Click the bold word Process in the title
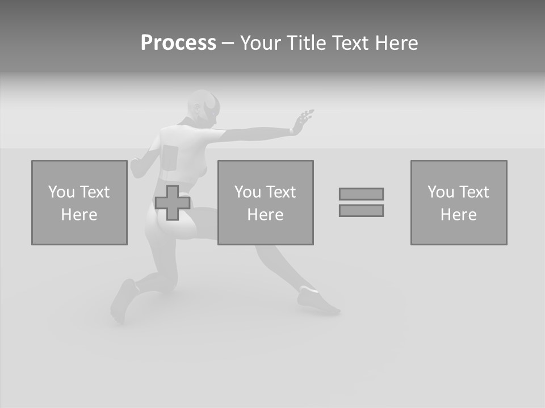(x=178, y=43)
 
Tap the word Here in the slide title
(x=397, y=43)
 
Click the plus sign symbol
(x=173, y=203)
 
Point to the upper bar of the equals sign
(x=361, y=194)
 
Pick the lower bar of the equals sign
(x=361, y=210)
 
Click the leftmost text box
(x=79, y=202)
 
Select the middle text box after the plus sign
(x=265, y=202)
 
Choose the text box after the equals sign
(x=459, y=202)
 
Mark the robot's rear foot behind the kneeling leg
(x=122, y=300)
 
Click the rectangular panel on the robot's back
(x=170, y=156)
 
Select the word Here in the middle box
(x=265, y=215)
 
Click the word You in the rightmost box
(x=440, y=192)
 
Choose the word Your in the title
(x=260, y=43)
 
